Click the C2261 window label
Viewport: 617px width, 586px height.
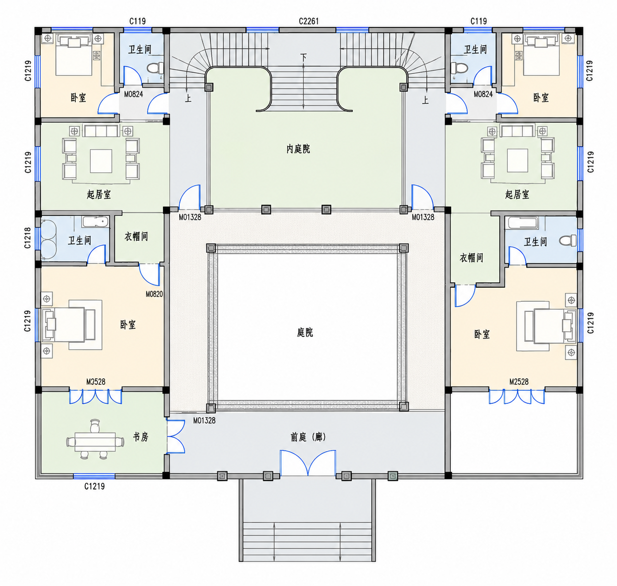click(x=309, y=21)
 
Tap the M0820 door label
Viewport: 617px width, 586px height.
click(x=154, y=294)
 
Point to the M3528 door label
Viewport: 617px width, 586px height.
click(x=96, y=382)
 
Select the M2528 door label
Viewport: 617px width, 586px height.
click(x=519, y=382)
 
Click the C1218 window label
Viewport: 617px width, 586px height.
click(x=28, y=238)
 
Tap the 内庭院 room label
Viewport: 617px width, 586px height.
click(x=298, y=149)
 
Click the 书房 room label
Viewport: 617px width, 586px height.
click(x=140, y=436)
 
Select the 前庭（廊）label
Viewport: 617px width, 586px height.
click(x=308, y=437)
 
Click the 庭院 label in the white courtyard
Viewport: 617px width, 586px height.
click(x=305, y=332)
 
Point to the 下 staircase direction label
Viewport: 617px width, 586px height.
click(x=303, y=58)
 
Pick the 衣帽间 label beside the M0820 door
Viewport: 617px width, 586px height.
click(x=136, y=236)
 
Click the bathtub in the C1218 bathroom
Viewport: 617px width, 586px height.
click(x=95, y=222)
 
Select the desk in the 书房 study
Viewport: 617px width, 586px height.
click(x=95, y=442)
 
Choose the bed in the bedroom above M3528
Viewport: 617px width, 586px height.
click(x=69, y=325)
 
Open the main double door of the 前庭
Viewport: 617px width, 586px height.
click(x=308, y=463)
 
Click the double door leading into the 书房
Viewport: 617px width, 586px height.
click(x=175, y=436)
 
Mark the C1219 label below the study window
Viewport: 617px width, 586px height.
click(x=94, y=486)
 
